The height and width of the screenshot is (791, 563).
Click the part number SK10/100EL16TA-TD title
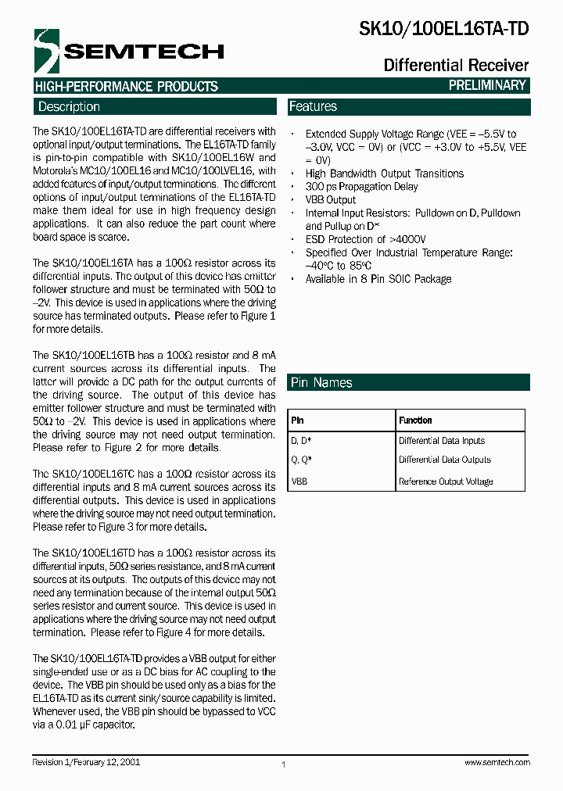click(443, 30)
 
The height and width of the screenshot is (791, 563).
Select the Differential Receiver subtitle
click(456, 65)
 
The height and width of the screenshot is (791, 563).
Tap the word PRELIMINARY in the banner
click(486, 85)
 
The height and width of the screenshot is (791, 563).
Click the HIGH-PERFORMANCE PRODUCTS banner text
click(126, 86)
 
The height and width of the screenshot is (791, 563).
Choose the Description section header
click(69, 107)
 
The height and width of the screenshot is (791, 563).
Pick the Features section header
click(313, 106)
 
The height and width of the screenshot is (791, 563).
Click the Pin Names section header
click(321, 382)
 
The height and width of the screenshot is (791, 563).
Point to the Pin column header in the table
click(297, 421)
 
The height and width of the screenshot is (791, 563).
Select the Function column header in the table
click(415, 421)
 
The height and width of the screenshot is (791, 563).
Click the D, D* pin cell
click(301, 441)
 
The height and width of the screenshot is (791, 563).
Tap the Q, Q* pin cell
click(301, 460)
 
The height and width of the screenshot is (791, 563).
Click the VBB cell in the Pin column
click(299, 481)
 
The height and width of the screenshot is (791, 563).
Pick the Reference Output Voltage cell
click(446, 481)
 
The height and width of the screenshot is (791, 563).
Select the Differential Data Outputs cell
click(444, 460)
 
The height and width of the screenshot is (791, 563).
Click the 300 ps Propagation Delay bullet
click(361, 187)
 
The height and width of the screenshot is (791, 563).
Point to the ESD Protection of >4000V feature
click(365, 239)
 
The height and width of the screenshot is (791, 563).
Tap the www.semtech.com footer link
click(497, 762)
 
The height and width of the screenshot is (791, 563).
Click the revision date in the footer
click(86, 761)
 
